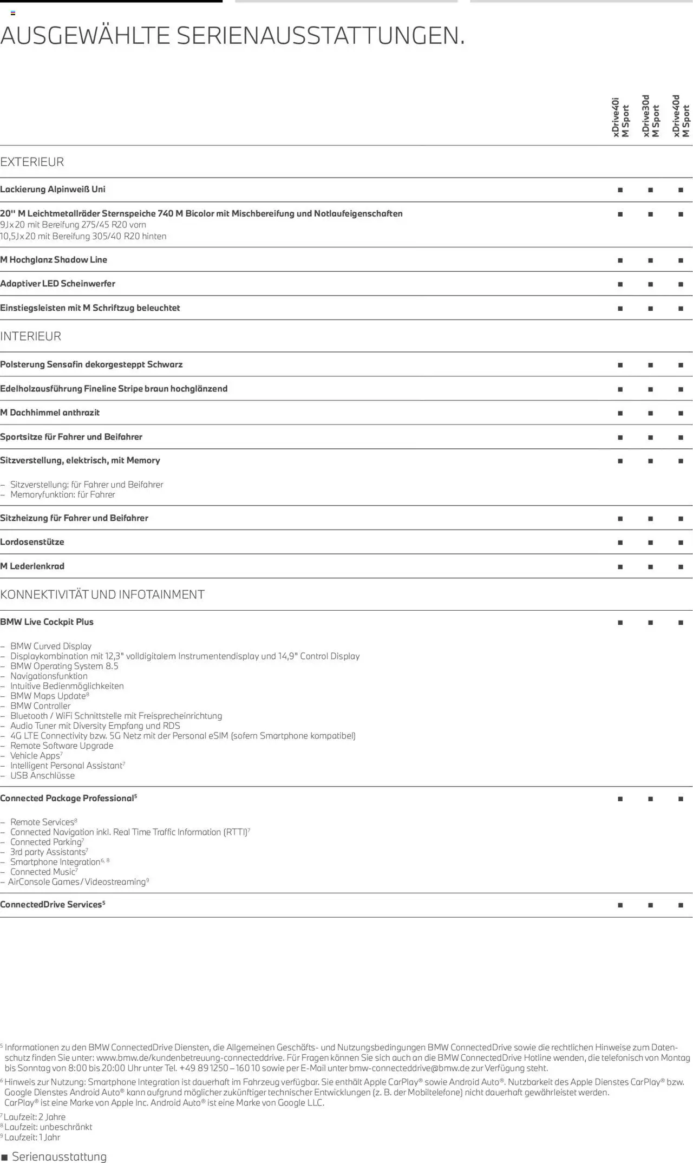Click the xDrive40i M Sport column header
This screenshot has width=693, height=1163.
(x=620, y=117)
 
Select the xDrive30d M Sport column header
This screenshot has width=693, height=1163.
(x=651, y=116)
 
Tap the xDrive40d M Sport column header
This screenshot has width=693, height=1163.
(x=681, y=116)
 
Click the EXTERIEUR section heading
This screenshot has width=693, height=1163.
(x=32, y=162)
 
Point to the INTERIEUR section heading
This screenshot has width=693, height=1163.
(x=31, y=336)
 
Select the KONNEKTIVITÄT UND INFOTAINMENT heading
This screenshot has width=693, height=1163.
(x=102, y=594)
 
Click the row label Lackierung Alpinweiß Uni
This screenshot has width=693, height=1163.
(x=53, y=190)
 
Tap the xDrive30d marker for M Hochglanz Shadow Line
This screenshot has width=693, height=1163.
(x=650, y=260)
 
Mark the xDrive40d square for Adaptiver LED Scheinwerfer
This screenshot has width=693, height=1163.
(x=681, y=284)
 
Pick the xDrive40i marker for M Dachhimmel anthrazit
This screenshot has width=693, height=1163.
(x=620, y=413)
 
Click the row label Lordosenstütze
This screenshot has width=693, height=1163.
(x=32, y=542)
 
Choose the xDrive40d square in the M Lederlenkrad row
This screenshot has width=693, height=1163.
(x=681, y=567)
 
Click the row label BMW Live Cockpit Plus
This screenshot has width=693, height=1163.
(x=47, y=622)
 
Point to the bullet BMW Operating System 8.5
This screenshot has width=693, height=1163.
(x=64, y=666)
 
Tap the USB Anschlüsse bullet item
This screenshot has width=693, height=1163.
(x=42, y=775)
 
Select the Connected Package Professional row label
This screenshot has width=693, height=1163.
(x=68, y=799)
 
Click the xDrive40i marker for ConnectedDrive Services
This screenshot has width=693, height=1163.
(x=620, y=905)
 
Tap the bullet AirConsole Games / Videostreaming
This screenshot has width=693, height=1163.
(x=77, y=882)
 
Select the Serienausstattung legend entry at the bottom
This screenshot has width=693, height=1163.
(x=54, y=1157)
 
